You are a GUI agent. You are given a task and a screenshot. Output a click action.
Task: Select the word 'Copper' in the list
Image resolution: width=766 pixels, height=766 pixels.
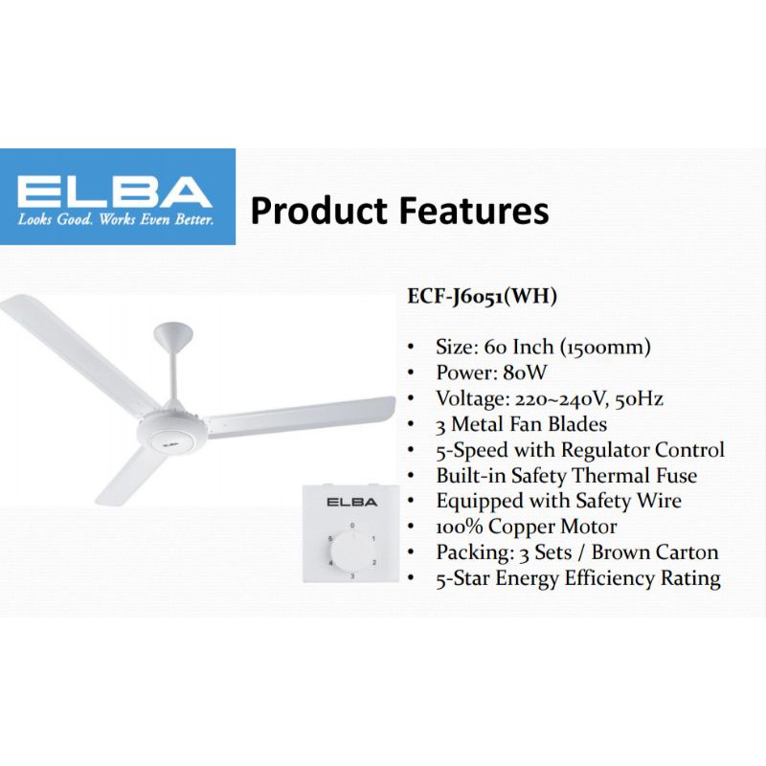(526, 527)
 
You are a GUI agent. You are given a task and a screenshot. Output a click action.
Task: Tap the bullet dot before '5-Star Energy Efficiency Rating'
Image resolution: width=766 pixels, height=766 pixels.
(411, 579)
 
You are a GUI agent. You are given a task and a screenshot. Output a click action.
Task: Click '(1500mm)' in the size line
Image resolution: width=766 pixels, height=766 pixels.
(593, 347)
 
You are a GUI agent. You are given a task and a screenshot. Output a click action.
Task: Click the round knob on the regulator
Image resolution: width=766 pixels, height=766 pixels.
(351, 551)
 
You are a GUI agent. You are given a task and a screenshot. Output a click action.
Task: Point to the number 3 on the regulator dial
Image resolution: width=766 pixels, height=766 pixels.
(352, 576)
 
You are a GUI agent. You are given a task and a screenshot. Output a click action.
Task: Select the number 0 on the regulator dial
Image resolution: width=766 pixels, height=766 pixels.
(351, 526)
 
